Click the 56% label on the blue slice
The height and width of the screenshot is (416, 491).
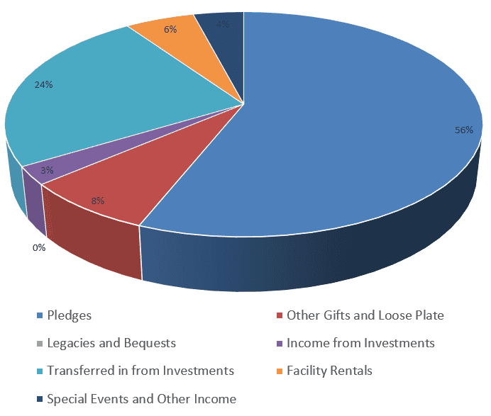464,130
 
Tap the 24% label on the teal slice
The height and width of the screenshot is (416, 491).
44,84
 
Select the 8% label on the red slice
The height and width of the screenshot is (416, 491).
97,201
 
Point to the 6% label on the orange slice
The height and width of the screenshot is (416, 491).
170,30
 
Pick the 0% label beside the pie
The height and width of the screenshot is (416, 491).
38,247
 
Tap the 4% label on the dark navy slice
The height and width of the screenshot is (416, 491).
222,23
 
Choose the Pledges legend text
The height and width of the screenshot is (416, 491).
69,315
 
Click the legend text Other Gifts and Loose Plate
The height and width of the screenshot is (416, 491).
365,315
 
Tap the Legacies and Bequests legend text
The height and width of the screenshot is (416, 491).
111,343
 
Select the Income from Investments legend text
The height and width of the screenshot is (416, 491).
360,343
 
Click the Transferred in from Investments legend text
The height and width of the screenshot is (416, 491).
140,371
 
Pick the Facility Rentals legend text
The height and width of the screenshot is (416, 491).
329,371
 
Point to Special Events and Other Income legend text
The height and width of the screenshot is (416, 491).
141,398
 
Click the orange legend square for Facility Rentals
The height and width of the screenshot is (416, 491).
280,371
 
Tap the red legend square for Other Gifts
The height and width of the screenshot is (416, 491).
280,316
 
